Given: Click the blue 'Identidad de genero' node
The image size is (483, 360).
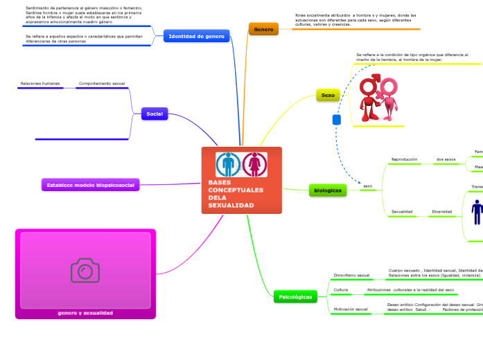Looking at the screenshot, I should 197,36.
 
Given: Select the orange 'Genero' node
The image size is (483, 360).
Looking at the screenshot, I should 263,29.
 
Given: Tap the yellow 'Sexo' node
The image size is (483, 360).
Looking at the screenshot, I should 328,96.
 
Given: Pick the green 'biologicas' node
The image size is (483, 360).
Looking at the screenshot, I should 327,190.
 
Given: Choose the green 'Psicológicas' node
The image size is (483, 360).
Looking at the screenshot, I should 295,296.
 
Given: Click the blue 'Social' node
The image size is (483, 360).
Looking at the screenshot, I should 155,114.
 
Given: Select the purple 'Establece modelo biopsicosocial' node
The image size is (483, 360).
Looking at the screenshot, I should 90,185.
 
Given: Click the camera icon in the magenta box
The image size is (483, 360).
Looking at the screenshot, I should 85,270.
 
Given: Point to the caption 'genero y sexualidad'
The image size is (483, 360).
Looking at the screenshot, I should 85,313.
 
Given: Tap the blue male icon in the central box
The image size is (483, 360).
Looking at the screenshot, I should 228,165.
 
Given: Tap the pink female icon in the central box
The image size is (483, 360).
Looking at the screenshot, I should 255,165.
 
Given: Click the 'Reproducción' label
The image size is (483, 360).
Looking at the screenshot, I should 404,159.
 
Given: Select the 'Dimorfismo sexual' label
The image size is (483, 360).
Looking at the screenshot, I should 351,275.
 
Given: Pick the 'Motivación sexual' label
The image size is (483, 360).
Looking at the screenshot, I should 351,309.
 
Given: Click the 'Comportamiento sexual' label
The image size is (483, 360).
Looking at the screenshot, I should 102,84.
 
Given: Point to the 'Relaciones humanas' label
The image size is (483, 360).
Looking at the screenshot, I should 40,84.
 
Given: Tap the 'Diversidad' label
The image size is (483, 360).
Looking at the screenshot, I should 442,211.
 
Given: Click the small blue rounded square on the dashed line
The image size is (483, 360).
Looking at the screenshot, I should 337,120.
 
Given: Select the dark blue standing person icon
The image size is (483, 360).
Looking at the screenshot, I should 477,212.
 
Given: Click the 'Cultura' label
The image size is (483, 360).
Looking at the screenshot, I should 341,289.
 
